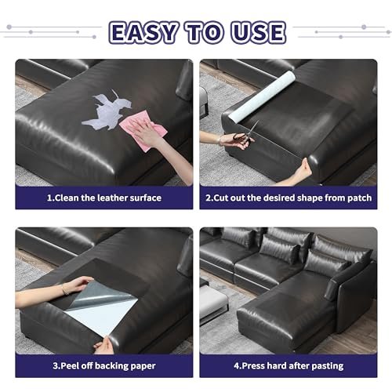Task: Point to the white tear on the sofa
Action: pyautogui.click(x=111, y=111)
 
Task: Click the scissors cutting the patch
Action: pyautogui.click(x=245, y=136)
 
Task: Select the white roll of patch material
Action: pyautogui.click(x=266, y=95)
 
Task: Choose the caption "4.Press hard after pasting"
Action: pyautogui.click(x=287, y=366)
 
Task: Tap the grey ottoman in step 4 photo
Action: pyautogui.click(x=213, y=301)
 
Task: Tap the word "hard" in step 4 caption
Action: pyautogui.click(x=278, y=366)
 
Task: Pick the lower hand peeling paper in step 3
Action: pyautogui.click(x=104, y=343)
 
